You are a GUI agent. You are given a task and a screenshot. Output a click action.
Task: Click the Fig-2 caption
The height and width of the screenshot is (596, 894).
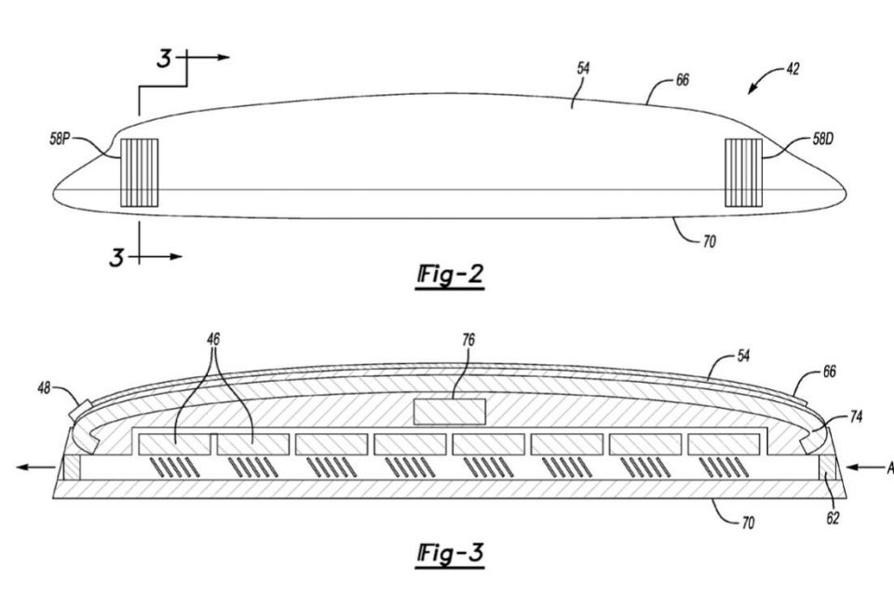click(451, 277)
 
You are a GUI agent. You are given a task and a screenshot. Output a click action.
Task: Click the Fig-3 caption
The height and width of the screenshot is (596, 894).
click(451, 553)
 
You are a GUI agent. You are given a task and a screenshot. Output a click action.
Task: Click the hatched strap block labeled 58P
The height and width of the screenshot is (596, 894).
click(140, 173)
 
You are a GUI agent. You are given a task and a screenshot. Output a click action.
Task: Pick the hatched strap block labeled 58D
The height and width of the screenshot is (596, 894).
click(743, 173)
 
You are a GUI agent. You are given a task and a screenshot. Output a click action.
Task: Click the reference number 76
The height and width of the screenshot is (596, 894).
click(468, 341)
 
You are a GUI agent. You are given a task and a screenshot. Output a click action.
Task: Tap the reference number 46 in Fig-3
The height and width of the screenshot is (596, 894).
click(215, 342)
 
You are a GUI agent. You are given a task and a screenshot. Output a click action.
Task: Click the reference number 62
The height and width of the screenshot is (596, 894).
click(833, 518)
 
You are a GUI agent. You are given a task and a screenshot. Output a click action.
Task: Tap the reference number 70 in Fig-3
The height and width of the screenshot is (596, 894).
click(747, 524)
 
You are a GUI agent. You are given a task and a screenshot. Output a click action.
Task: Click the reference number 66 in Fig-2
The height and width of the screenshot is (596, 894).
click(683, 81)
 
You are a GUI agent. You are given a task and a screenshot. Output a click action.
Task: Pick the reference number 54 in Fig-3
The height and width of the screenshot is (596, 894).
click(744, 357)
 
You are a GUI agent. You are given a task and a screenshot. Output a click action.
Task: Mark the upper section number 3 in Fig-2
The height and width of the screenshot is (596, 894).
click(164, 60)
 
